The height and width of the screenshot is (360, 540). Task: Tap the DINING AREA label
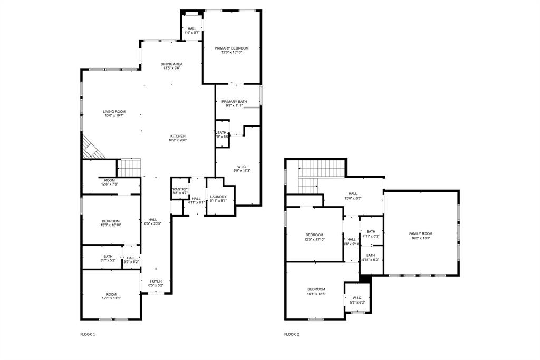tap(172, 64)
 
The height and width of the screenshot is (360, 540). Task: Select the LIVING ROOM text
tap(114, 111)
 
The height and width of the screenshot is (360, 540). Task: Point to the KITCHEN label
tap(177, 135)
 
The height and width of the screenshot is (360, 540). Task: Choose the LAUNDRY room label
tap(218, 197)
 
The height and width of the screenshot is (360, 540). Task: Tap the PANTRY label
tap(180, 189)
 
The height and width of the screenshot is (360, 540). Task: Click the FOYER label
tap(156, 281)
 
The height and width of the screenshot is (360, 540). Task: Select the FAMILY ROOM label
tap(420, 233)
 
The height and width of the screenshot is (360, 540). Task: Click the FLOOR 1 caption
tap(88, 334)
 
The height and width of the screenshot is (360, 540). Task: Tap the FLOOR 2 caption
tap(292, 334)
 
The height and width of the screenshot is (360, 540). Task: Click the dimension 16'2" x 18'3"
tap(420, 238)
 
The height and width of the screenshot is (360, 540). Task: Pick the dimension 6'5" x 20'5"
tap(152, 224)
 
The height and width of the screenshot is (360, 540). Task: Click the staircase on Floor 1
tap(129, 168)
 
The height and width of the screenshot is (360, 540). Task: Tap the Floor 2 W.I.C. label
tap(357, 298)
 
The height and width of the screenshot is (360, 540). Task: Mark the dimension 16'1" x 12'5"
tap(316, 294)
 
